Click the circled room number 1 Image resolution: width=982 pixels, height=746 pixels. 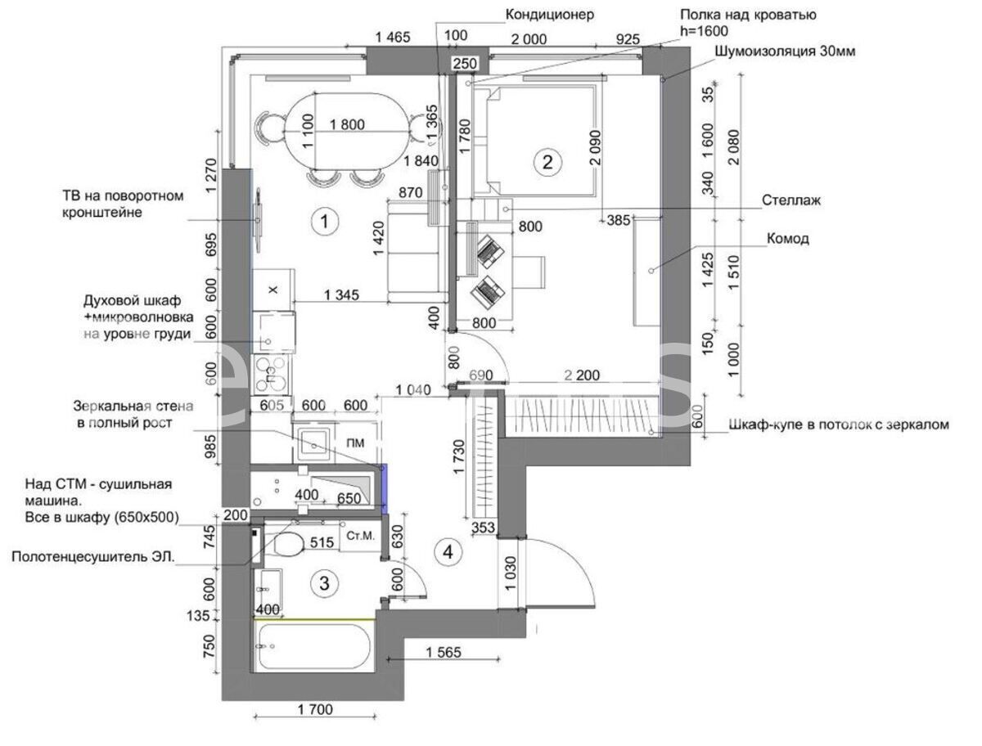324,221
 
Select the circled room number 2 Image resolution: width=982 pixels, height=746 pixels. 547,162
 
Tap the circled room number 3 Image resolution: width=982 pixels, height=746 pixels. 324,583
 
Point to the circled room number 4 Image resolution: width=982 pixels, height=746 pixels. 448,551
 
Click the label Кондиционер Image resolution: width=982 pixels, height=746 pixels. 549,15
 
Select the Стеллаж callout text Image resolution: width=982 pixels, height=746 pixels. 791,200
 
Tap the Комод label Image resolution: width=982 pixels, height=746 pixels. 787,239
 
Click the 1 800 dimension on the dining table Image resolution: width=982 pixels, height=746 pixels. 347,124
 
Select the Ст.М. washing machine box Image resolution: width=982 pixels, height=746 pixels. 361,536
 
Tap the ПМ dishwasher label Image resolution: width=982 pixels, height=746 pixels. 355,443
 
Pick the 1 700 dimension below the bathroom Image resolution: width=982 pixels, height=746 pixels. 315,709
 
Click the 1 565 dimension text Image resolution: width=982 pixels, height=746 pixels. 443,653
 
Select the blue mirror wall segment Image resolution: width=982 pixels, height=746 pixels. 384,489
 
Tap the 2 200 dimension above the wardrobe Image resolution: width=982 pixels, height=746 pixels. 582,375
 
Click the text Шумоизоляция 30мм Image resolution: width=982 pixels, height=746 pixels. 785,52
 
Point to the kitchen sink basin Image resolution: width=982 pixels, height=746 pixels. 314,445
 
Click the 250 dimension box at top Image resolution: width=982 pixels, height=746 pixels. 465,64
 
